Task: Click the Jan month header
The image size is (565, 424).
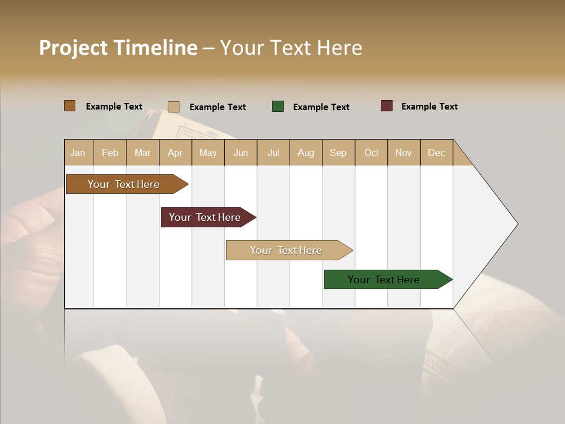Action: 78,153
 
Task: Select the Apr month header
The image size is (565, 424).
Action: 175,153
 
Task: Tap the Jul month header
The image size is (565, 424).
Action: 273,153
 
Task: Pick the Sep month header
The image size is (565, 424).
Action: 338,153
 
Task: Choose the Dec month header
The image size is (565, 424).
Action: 436,153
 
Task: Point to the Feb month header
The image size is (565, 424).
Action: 110,153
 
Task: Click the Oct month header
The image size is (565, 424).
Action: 371,153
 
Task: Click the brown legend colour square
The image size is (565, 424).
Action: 69,106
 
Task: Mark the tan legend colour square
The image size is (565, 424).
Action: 174,107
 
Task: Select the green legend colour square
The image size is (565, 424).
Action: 278,107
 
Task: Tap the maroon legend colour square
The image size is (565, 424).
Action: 386,106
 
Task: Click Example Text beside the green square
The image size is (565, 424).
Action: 321,107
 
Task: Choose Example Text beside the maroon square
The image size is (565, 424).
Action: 429,107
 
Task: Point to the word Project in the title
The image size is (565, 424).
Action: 74,48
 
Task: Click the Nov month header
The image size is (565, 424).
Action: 403,153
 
